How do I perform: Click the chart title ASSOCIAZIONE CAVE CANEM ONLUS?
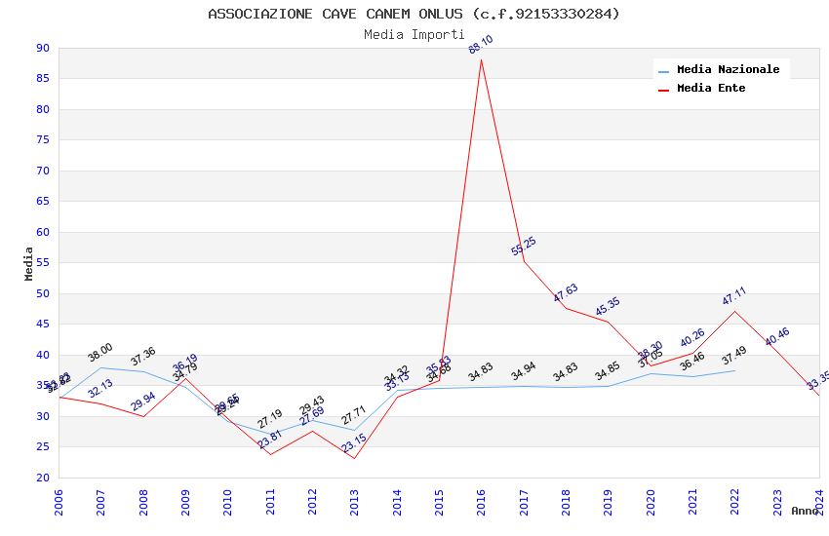[414, 14]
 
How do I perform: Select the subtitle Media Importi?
[414, 34]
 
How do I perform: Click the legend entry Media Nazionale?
[728, 69]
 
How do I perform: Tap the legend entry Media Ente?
[711, 88]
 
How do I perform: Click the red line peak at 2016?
[481, 60]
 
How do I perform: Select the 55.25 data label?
[524, 247]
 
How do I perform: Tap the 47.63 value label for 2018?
[566, 292]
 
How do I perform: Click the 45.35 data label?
[608, 307]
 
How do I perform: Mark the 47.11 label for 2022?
[734, 296]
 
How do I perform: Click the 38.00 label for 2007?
[100, 353]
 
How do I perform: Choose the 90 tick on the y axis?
[42, 48]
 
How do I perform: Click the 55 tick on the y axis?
[42, 263]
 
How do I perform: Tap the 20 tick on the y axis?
[42, 478]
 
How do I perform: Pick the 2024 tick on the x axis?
[818, 497]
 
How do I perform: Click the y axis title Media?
[29, 263]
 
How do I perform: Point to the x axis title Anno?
[805, 511]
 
